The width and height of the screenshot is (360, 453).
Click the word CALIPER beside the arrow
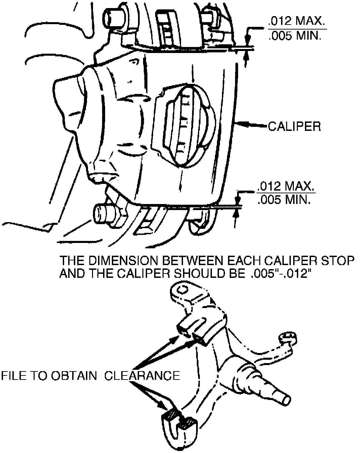(294, 127)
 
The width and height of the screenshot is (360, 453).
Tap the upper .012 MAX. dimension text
(297, 22)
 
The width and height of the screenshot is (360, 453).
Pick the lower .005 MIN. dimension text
(284, 200)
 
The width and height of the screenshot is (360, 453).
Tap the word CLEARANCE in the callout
(142, 375)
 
